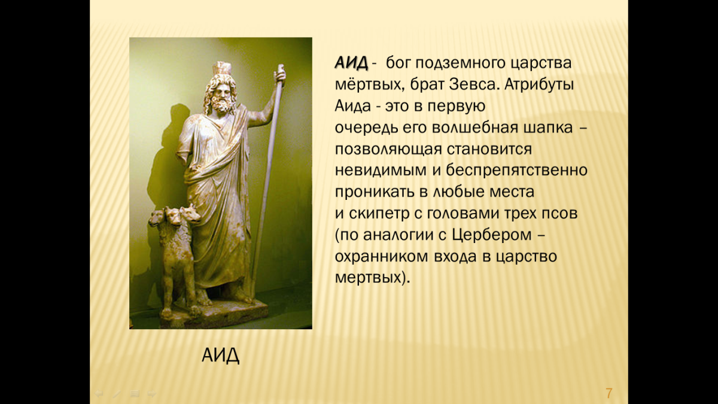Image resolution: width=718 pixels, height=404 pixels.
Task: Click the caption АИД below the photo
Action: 220,355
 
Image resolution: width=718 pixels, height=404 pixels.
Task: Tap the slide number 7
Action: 609,393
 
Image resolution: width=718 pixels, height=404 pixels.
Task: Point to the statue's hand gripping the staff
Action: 279,74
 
